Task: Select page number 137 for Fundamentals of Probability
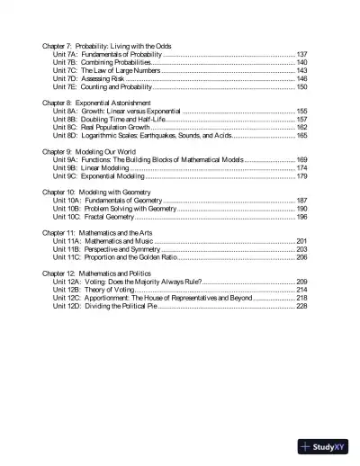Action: click(301, 54)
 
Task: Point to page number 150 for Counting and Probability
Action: click(301, 87)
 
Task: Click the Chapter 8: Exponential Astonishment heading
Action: click(97, 103)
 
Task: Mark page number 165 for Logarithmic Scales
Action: click(301, 135)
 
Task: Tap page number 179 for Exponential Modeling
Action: click(301, 176)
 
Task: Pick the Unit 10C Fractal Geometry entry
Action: click(94, 217)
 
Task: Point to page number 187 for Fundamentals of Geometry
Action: click(301, 201)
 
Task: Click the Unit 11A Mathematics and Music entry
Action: click(103, 241)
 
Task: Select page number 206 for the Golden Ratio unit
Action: click(301, 257)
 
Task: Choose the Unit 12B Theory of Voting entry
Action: click(94, 290)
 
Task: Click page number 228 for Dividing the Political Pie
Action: click(301, 306)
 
